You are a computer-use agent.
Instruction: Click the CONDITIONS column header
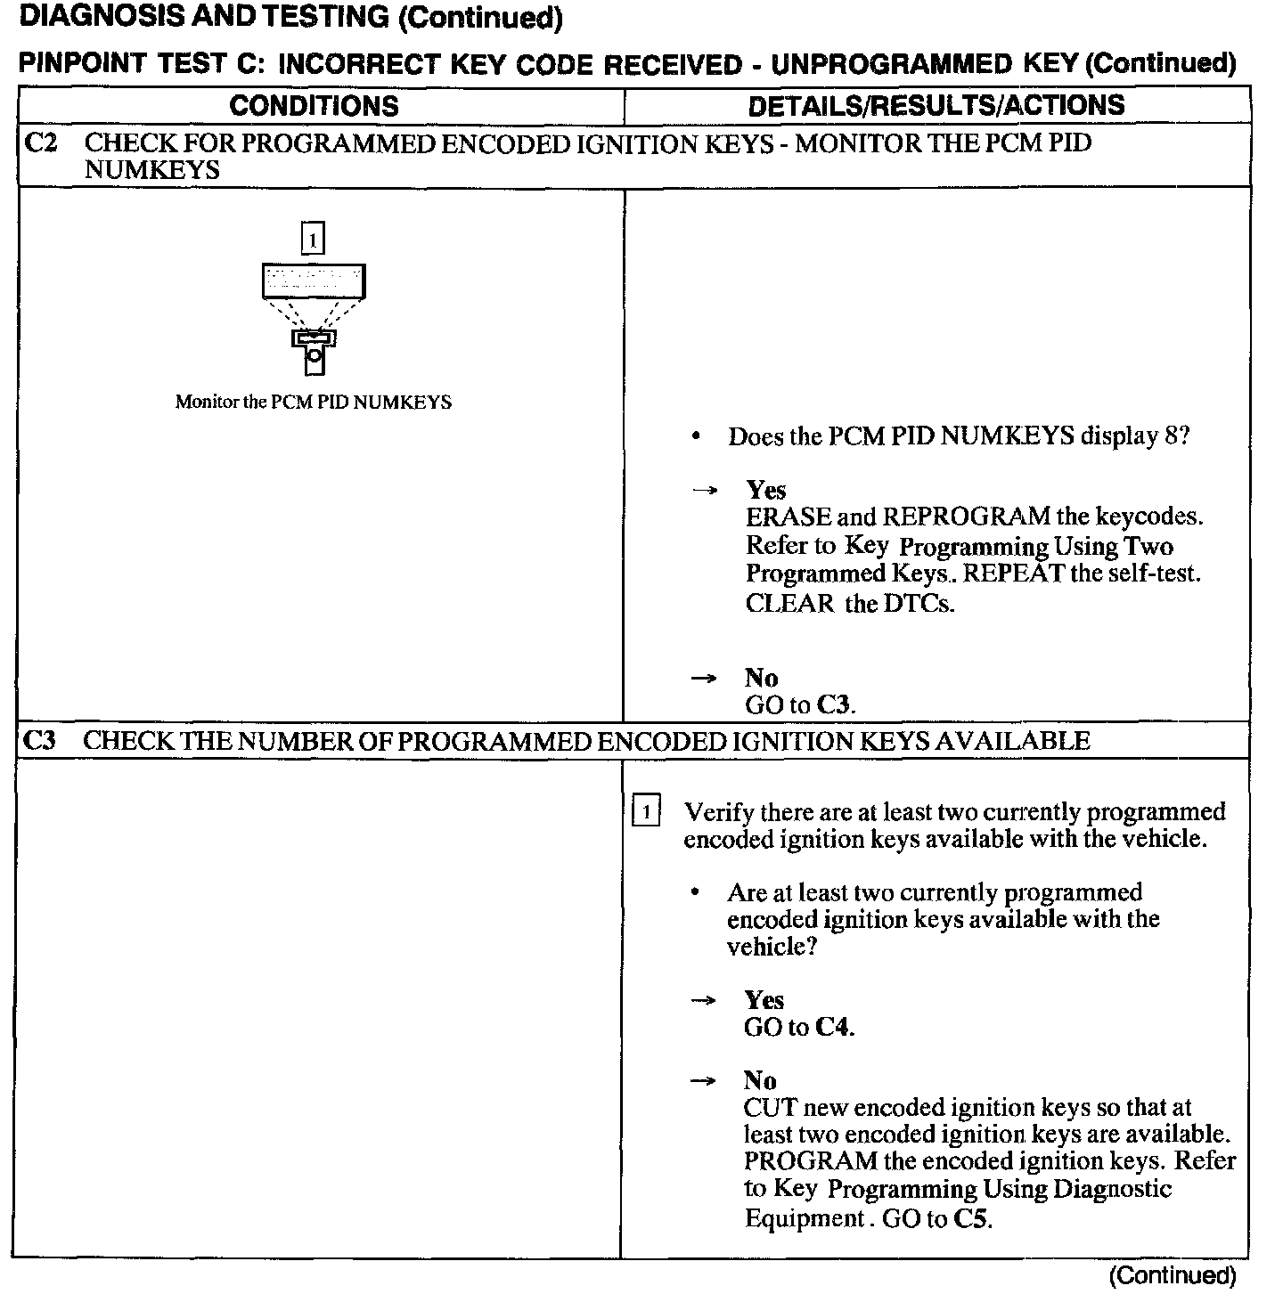(x=314, y=106)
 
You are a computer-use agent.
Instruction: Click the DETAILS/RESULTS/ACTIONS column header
(x=936, y=106)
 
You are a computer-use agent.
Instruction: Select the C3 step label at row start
(x=41, y=741)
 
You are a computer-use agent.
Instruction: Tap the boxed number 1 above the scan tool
(x=313, y=239)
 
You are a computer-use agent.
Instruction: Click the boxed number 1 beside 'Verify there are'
(x=646, y=812)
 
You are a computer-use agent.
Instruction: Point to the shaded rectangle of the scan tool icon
(x=314, y=281)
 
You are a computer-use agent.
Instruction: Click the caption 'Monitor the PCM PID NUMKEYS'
(x=313, y=402)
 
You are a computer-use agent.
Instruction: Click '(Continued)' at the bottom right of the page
(x=1173, y=1275)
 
